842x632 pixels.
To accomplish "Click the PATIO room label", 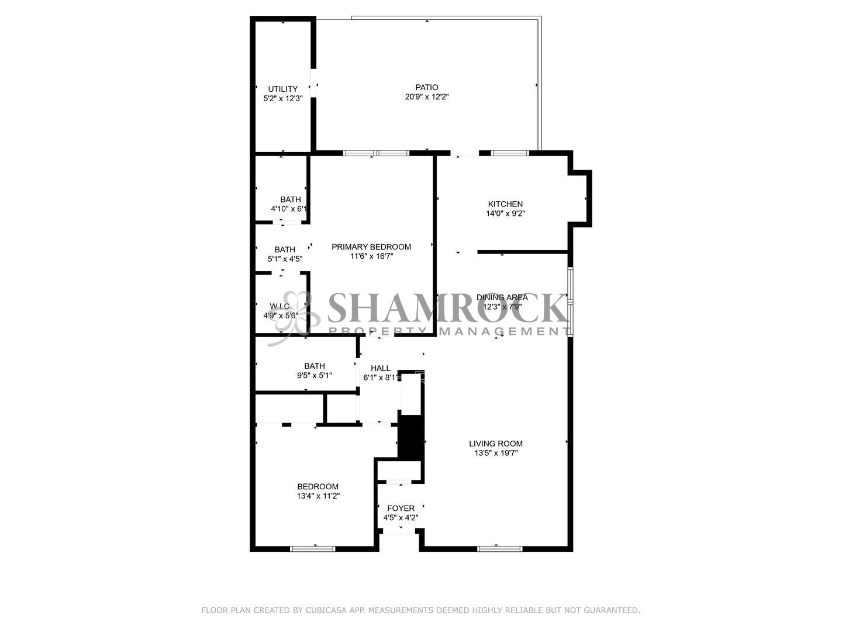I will click(x=426, y=87).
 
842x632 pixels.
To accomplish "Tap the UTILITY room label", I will click(x=283, y=89).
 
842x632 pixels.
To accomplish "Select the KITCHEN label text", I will click(x=505, y=204).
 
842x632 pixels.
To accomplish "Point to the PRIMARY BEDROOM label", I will click(x=371, y=246).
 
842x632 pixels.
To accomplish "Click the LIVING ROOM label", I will click(x=496, y=443).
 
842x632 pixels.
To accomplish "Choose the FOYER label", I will click(x=401, y=508).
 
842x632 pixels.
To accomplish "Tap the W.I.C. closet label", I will click(x=281, y=306).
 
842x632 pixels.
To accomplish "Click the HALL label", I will click(x=381, y=368).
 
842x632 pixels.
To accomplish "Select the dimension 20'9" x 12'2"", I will click(x=426, y=97).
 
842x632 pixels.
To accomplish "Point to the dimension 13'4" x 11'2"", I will click(x=318, y=496).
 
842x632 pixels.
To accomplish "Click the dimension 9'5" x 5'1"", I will click(x=315, y=376).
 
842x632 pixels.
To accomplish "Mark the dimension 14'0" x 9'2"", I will click(x=505, y=214).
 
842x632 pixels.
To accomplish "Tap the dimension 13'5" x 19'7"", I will click(x=496, y=453).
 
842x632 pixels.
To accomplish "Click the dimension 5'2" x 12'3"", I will click(x=283, y=99).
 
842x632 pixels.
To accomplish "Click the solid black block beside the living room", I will click(x=410, y=437).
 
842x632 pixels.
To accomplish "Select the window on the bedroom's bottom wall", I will click(x=313, y=548).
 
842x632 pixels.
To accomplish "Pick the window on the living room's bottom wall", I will click(x=499, y=548).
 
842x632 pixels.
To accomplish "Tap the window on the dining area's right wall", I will click(x=571, y=301).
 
